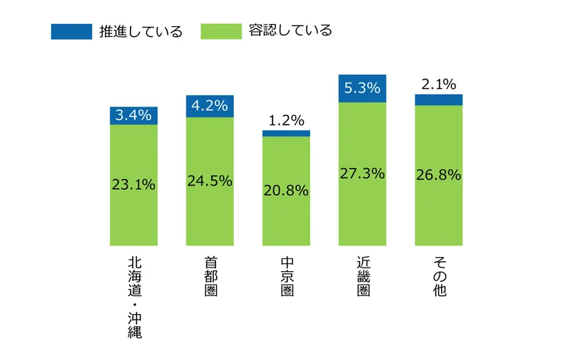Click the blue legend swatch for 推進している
click(x=71, y=31)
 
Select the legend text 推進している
click(x=142, y=32)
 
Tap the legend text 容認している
click(x=290, y=31)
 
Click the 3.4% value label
click(x=133, y=115)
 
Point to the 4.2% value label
click(x=210, y=107)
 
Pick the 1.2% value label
click(x=286, y=120)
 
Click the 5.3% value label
click(x=362, y=88)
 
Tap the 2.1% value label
click(x=439, y=85)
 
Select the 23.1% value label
click(x=133, y=185)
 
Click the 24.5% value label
click(x=210, y=181)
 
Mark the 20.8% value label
click(x=286, y=190)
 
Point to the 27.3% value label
click(x=362, y=174)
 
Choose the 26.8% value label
click(x=439, y=175)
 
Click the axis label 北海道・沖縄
click(x=134, y=297)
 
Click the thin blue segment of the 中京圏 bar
click(x=286, y=133)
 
